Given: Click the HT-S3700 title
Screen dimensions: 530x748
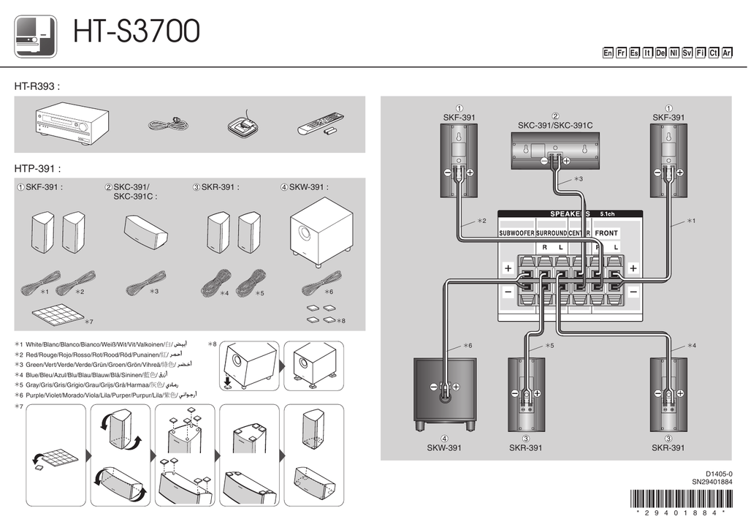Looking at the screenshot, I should pyautogui.click(x=136, y=33).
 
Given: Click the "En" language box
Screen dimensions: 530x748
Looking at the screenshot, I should pyautogui.click(x=608, y=53).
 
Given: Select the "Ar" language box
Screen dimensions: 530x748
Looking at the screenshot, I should pyautogui.click(x=727, y=53).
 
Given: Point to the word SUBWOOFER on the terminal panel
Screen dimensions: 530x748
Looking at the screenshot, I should pyautogui.click(x=516, y=233).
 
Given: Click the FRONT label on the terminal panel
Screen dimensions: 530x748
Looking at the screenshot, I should pyautogui.click(x=606, y=233).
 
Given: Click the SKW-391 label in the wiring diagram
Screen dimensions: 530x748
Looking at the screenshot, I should pyautogui.click(x=443, y=448).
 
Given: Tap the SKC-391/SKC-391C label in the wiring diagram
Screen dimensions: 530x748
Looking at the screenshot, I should pyautogui.click(x=555, y=126).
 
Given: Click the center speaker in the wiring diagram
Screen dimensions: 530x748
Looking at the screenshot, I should pyautogui.click(x=555, y=149).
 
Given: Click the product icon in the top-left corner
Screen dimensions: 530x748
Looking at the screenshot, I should pyautogui.click(x=36, y=36).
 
